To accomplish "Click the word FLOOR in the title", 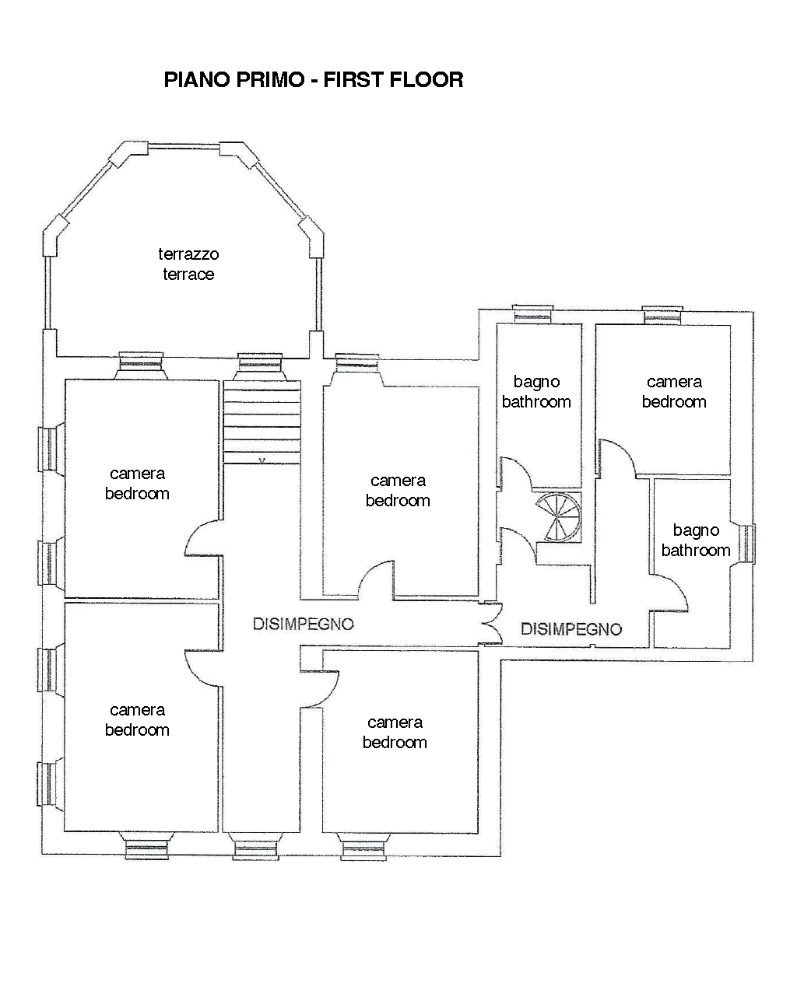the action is point(427,79).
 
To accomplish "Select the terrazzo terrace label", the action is point(188,264).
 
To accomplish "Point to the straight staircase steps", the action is point(262,422).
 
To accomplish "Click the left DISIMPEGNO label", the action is point(303,624).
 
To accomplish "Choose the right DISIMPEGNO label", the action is point(571,629).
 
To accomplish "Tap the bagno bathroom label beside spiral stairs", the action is point(536,391).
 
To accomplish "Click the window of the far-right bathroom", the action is point(746,544).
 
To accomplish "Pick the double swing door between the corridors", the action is point(491,623).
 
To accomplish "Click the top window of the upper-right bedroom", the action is point(662,316).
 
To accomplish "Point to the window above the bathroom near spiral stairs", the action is point(532,315).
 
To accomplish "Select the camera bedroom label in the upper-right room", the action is point(674,391).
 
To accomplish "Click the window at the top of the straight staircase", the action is point(260,367).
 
